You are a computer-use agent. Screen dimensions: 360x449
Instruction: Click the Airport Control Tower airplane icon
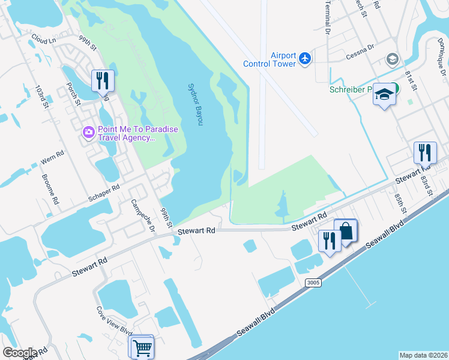pos(306,58)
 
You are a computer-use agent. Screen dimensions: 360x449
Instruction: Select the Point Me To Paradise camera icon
pos(89,131)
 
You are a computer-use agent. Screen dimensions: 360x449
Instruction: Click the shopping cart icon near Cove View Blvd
pos(142,347)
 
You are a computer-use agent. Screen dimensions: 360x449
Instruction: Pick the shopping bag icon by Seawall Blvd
pos(346,230)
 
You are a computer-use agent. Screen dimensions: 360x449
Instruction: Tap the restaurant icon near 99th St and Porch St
pos(103,80)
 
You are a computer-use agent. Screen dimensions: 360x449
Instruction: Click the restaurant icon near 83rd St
pos(425,152)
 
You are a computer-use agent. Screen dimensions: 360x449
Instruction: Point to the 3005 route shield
pos(313,283)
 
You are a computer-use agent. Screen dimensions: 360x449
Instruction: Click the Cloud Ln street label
pos(43,40)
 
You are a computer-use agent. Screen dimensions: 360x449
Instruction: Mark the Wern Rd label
pos(51,160)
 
